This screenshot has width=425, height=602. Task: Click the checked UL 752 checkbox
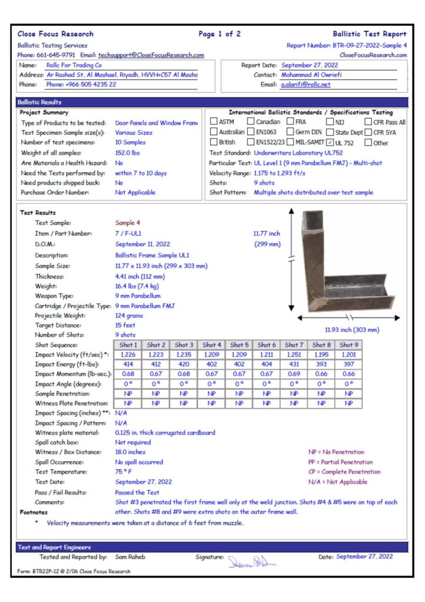click(x=331, y=142)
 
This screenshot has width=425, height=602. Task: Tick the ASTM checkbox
click(x=214, y=122)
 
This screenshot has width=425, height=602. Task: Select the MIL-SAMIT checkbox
click(x=290, y=142)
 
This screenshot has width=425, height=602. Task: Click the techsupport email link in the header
click(x=151, y=55)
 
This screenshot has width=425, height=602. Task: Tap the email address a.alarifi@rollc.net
click(x=305, y=85)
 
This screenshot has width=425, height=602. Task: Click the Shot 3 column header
click(x=184, y=345)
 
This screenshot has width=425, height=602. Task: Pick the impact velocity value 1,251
click(x=294, y=355)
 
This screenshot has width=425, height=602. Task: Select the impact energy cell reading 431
click(x=294, y=365)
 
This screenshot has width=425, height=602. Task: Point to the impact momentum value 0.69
click(x=294, y=374)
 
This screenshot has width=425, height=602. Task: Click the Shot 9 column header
click(x=348, y=345)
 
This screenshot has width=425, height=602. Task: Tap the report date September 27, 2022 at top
click(x=309, y=65)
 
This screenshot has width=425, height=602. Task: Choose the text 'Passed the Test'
click(x=137, y=492)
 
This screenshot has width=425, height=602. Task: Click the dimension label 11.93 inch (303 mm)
click(x=352, y=330)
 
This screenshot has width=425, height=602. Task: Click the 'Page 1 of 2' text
click(x=219, y=34)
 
